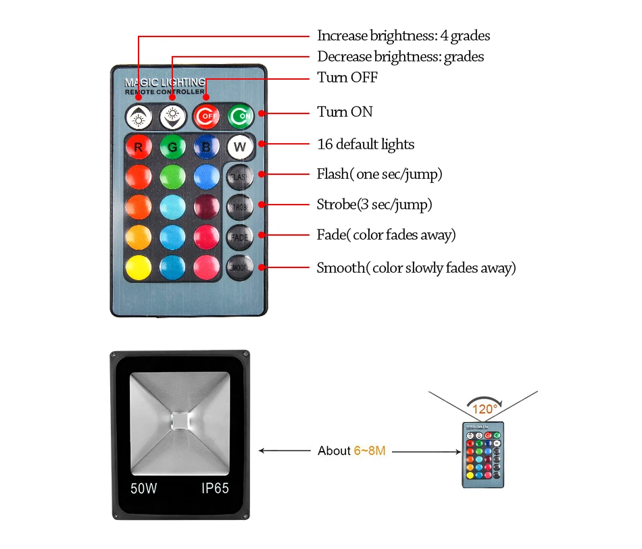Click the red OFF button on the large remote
[x=205, y=116]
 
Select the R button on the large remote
[x=138, y=146]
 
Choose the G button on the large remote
[x=172, y=146]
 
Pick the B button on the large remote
[x=206, y=146]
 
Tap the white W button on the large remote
[x=239, y=146]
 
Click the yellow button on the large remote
[x=138, y=266]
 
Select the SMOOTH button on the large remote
[x=239, y=266]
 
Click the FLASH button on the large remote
[x=239, y=176]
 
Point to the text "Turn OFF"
[x=347, y=78]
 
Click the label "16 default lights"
[x=366, y=145]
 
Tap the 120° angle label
[x=484, y=409]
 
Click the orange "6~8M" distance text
[x=370, y=450]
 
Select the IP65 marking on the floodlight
[x=215, y=488]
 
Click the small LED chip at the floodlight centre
[x=180, y=419]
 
